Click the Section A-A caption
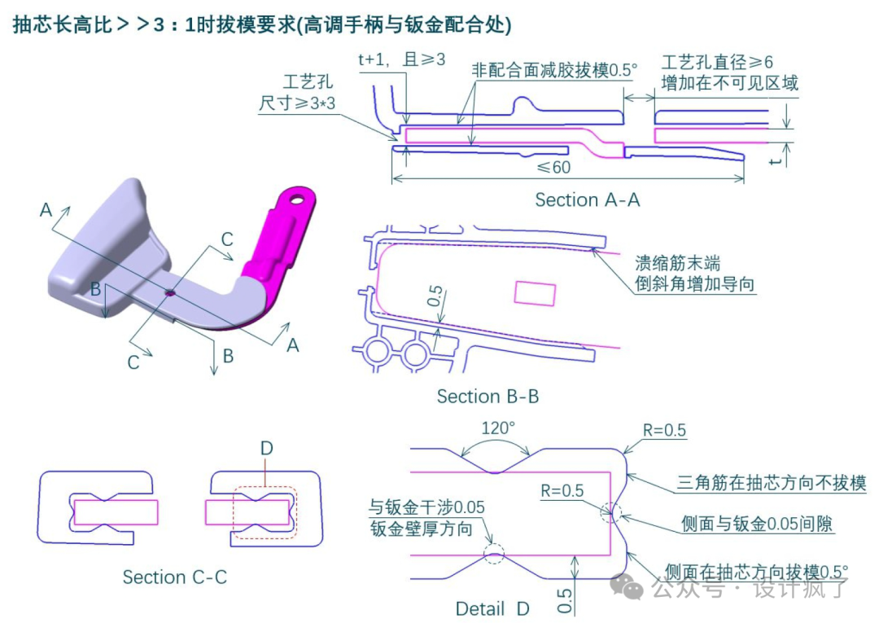(x=587, y=200)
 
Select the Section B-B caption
(x=488, y=397)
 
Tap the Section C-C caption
(x=175, y=577)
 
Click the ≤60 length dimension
(x=553, y=168)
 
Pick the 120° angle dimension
(x=497, y=428)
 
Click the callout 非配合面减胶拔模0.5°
(x=553, y=70)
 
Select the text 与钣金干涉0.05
(x=426, y=507)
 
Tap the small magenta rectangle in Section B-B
(x=535, y=293)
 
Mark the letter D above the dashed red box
(x=266, y=449)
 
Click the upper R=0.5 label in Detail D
(x=664, y=430)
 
